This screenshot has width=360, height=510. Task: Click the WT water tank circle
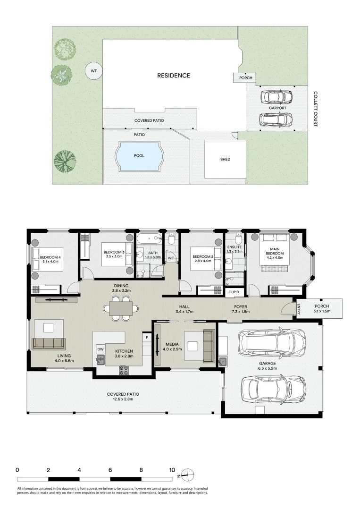(x=93, y=70)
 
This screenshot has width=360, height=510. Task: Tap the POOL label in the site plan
(x=139, y=155)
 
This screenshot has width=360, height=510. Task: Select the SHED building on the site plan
(x=225, y=159)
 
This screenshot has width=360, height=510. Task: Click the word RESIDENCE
(x=174, y=76)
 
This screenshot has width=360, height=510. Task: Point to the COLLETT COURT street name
(x=316, y=109)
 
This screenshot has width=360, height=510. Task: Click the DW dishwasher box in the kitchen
(x=100, y=349)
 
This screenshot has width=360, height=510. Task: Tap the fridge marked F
(x=147, y=338)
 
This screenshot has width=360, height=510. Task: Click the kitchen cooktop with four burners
(x=124, y=370)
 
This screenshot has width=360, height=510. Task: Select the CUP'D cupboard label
(x=234, y=292)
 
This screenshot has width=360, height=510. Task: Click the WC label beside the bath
(x=171, y=258)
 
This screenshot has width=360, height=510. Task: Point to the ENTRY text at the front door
(x=299, y=309)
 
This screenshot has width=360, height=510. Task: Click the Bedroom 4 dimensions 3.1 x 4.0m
(x=50, y=261)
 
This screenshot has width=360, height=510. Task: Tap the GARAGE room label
(x=268, y=363)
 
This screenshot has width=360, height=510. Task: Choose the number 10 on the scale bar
(x=172, y=470)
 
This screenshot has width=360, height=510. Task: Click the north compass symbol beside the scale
(x=187, y=475)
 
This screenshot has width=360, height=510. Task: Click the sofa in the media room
(x=209, y=346)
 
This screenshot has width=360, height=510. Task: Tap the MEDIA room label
(x=172, y=344)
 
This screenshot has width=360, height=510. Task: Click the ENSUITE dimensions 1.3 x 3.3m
(x=234, y=251)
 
